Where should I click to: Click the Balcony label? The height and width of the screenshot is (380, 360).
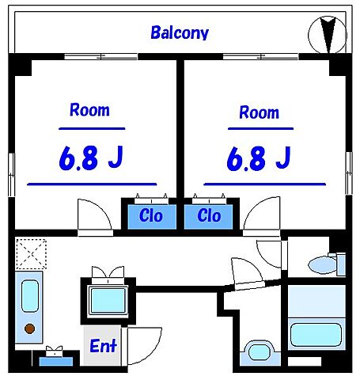coord(180,32)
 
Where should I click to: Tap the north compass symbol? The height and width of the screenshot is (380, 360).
coord(327,33)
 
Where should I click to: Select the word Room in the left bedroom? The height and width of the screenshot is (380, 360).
coord(89,110)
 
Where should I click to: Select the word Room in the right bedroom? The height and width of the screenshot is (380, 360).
coord(259,112)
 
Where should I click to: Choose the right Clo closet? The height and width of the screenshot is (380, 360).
coord(209,215)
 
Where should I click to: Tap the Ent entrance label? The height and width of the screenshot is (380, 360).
coord(103,346)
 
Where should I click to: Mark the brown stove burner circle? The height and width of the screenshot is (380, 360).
coord(30,329)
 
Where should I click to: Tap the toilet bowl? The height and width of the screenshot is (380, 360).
coord(322,264)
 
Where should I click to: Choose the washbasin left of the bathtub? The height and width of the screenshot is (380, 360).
coord(259,352)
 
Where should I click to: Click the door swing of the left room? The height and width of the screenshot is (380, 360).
coord(96,215)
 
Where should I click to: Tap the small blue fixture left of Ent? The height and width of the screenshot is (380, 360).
coord(55,359)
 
